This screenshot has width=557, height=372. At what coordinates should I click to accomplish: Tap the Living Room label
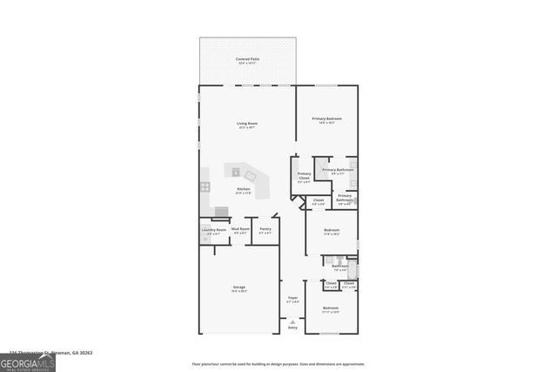[x=247, y=125]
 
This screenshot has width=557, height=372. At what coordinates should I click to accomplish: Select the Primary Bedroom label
[x=326, y=119]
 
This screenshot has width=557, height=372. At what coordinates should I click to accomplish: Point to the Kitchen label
[x=245, y=190]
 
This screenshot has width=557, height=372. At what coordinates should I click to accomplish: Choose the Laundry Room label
[x=213, y=230]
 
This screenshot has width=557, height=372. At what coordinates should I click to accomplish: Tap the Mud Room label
[x=241, y=230]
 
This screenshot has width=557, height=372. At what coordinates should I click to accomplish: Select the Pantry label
[x=265, y=230]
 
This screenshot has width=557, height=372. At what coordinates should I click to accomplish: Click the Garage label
[x=239, y=289]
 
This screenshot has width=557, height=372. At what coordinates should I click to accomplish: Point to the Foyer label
[x=292, y=299]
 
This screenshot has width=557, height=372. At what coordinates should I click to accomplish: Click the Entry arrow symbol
[x=292, y=321]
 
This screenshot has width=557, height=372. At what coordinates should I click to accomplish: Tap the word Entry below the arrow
[x=292, y=328]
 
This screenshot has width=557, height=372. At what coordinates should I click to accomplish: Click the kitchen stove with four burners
[x=205, y=186]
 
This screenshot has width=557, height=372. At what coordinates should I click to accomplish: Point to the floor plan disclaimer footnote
[x=278, y=364]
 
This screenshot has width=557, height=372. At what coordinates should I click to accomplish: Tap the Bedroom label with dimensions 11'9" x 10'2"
[x=331, y=233]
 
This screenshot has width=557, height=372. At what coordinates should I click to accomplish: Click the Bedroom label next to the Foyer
[x=331, y=308]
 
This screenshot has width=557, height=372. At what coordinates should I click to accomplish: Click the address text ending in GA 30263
[x=50, y=353]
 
